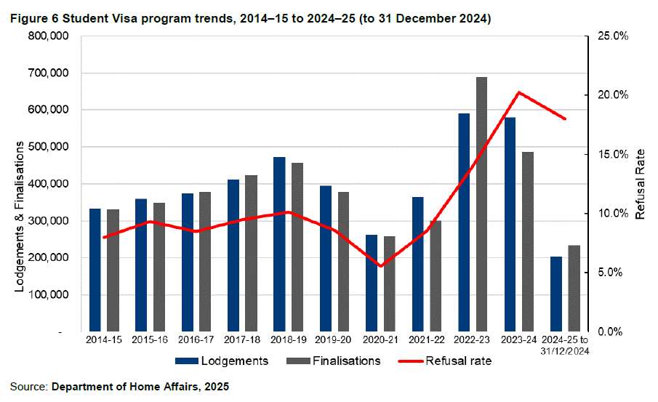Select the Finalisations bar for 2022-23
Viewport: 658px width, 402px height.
click(481, 204)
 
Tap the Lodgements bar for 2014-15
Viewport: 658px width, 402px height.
click(95, 270)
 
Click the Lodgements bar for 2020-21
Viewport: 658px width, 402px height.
click(372, 283)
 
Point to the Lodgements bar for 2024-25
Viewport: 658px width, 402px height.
click(556, 294)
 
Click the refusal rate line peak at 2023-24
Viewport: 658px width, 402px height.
click(518, 92)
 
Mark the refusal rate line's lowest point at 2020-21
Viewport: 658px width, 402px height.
click(380, 266)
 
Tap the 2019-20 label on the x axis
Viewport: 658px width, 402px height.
click(334, 340)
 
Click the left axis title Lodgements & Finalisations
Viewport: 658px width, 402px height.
click(21, 218)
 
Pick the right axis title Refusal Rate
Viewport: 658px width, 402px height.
click(640, 185)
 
